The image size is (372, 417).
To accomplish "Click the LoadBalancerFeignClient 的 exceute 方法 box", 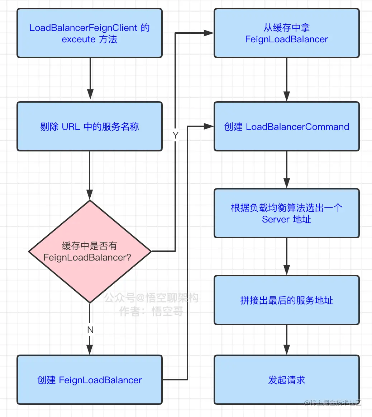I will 90,33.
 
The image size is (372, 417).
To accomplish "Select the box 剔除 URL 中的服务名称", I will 90,126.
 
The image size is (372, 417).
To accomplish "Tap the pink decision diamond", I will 90,251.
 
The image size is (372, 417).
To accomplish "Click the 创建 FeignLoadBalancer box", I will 90,380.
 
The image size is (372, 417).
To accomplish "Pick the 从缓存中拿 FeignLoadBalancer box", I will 286,33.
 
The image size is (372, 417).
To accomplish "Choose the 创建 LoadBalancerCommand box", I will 286,126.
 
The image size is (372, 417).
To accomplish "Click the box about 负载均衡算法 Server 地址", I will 286,213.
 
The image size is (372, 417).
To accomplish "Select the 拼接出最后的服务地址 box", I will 286,300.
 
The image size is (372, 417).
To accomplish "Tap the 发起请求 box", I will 286,380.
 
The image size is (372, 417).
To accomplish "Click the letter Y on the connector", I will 175,135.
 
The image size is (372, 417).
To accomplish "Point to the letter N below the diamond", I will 90,329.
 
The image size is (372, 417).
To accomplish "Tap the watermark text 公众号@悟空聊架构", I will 151,297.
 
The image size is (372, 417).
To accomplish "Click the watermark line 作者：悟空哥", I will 151,311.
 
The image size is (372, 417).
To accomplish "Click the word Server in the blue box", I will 275,219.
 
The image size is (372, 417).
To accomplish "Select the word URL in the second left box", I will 71,127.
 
